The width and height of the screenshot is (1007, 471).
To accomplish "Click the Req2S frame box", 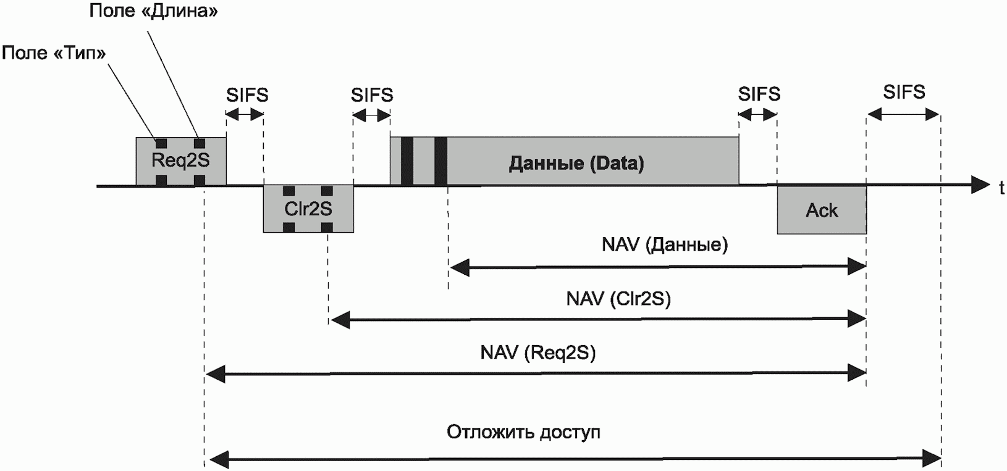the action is click(x=181, y=161).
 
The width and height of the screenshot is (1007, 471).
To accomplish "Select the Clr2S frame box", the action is click(x=308, y=209).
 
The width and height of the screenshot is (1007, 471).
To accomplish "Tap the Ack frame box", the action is click(x=822, y=210).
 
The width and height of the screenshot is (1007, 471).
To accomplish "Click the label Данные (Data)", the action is click(x=576, y=163).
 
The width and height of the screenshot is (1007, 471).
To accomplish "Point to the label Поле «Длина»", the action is click(x=153, y=10).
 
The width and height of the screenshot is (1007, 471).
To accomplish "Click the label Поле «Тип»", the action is click(x=54, y=53).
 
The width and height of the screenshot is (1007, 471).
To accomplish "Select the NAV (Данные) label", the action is click(x=665, y=244).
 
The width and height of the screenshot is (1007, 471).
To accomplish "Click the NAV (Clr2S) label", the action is click(x=618, y=299).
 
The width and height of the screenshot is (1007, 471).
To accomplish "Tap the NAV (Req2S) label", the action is click(x=537, y=352).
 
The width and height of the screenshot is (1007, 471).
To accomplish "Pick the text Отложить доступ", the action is click(x=523, y=432).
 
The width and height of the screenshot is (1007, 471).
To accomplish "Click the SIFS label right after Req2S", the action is click(x=246, y=95).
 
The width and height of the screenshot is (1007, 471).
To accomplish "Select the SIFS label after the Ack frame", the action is click(x=904, y=92).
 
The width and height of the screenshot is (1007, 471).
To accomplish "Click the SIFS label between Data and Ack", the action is click(x=759, y=94).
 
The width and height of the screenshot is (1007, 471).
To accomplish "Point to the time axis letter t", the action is click(x=1001, y=188).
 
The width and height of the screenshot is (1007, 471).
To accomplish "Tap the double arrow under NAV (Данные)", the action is click(x=658, y=267).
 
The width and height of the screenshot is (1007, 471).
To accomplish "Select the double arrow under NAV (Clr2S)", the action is click(x=597, y=320).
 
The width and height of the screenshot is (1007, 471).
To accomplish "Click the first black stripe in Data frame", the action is click(x=407, y=160).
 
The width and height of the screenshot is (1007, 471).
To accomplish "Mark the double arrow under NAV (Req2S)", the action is click(x=536, y=373).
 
